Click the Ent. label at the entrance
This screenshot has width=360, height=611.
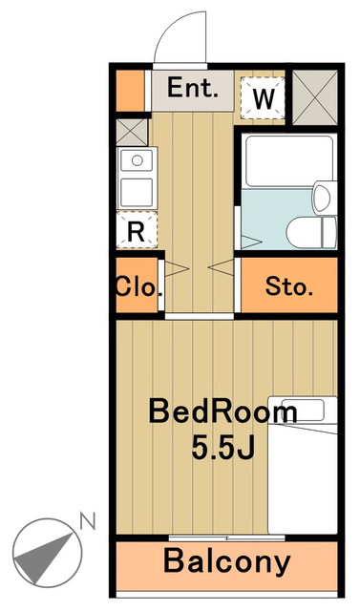[x=194, y=89]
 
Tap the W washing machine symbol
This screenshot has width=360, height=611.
[x=265, y=96]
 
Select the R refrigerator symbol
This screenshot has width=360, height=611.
[x=136, y=230]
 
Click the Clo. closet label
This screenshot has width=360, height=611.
[x=139, y=285]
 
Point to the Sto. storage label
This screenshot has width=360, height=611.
[x=286, y=285]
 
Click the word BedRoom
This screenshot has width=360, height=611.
[x=222, y=412]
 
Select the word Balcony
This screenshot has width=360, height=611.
[x=226, y=561]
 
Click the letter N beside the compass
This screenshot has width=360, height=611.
[x=89, y=521]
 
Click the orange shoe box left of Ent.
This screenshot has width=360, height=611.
[x=130, y=89]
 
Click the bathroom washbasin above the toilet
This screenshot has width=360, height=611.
[x=322, y=199]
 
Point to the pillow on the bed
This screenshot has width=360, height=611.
[x=304, y=411]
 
